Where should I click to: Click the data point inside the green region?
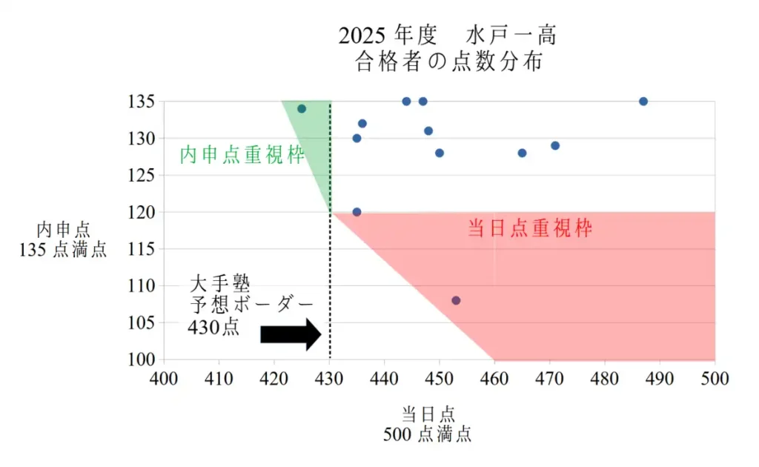[x=302, y=109]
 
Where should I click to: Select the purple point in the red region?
[x=456, y=300]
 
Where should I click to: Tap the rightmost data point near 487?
[x=643, y=102]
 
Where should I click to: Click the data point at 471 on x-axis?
[x=555, y=145]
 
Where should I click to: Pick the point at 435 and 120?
[x=357, y=212]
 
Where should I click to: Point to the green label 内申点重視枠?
[x=242, y=156]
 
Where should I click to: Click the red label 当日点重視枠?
[x=530, y=228]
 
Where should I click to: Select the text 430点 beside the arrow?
[x=213, y=327]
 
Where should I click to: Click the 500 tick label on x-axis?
[x=715, y=379]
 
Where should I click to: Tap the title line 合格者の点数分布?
[x=449, y=62]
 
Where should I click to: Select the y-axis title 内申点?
[x=64, y=230]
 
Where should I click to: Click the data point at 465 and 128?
[x=522, y=153]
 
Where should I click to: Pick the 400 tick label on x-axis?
[x=164, y=379]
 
